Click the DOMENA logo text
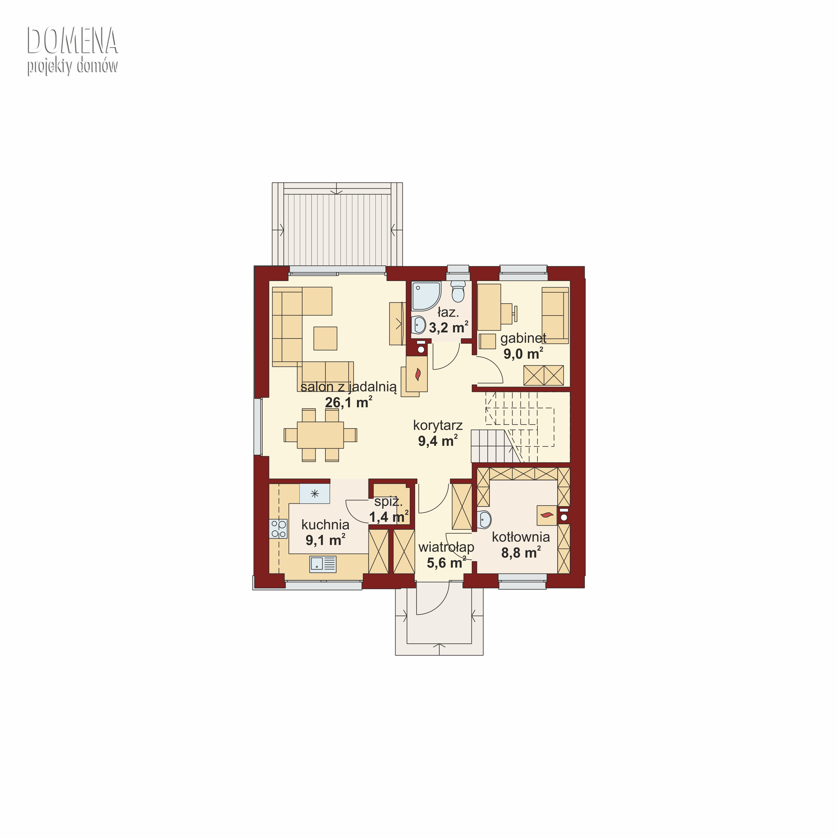coord(72,41)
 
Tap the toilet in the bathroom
coord(458,291)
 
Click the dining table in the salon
coord(321,435)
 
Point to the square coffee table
coord(325,338)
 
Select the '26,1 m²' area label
coord(349,402)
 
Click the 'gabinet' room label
coord(523,338)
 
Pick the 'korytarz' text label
coord(438,425)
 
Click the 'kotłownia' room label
coord(521,537)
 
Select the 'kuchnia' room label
coord(325,525)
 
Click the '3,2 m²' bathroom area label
coord(449,327)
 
